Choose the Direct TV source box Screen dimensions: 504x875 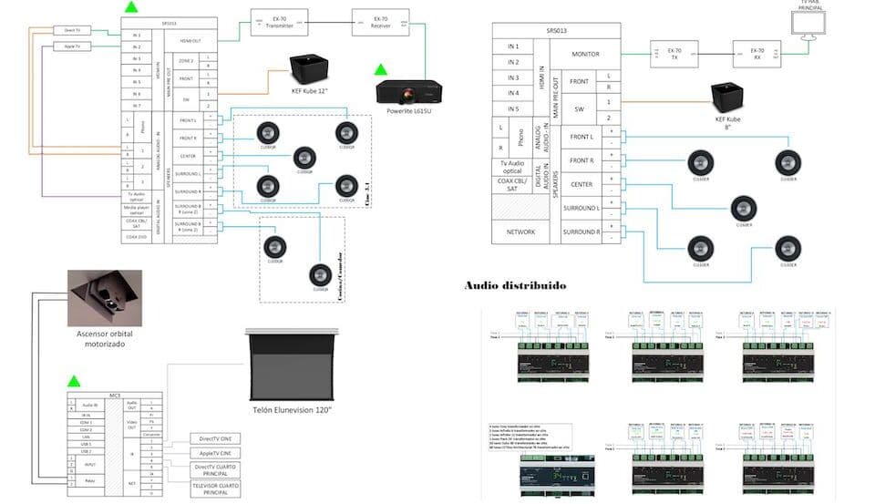[x=72, y=30]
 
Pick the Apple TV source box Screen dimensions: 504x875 [x=72, y=46]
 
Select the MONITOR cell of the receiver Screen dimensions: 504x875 [x=585, y=55]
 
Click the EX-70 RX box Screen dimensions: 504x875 [x=757, y=53]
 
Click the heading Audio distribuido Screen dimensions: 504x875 [x=515, y=285]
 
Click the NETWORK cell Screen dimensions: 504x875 [x=513, y=232]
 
